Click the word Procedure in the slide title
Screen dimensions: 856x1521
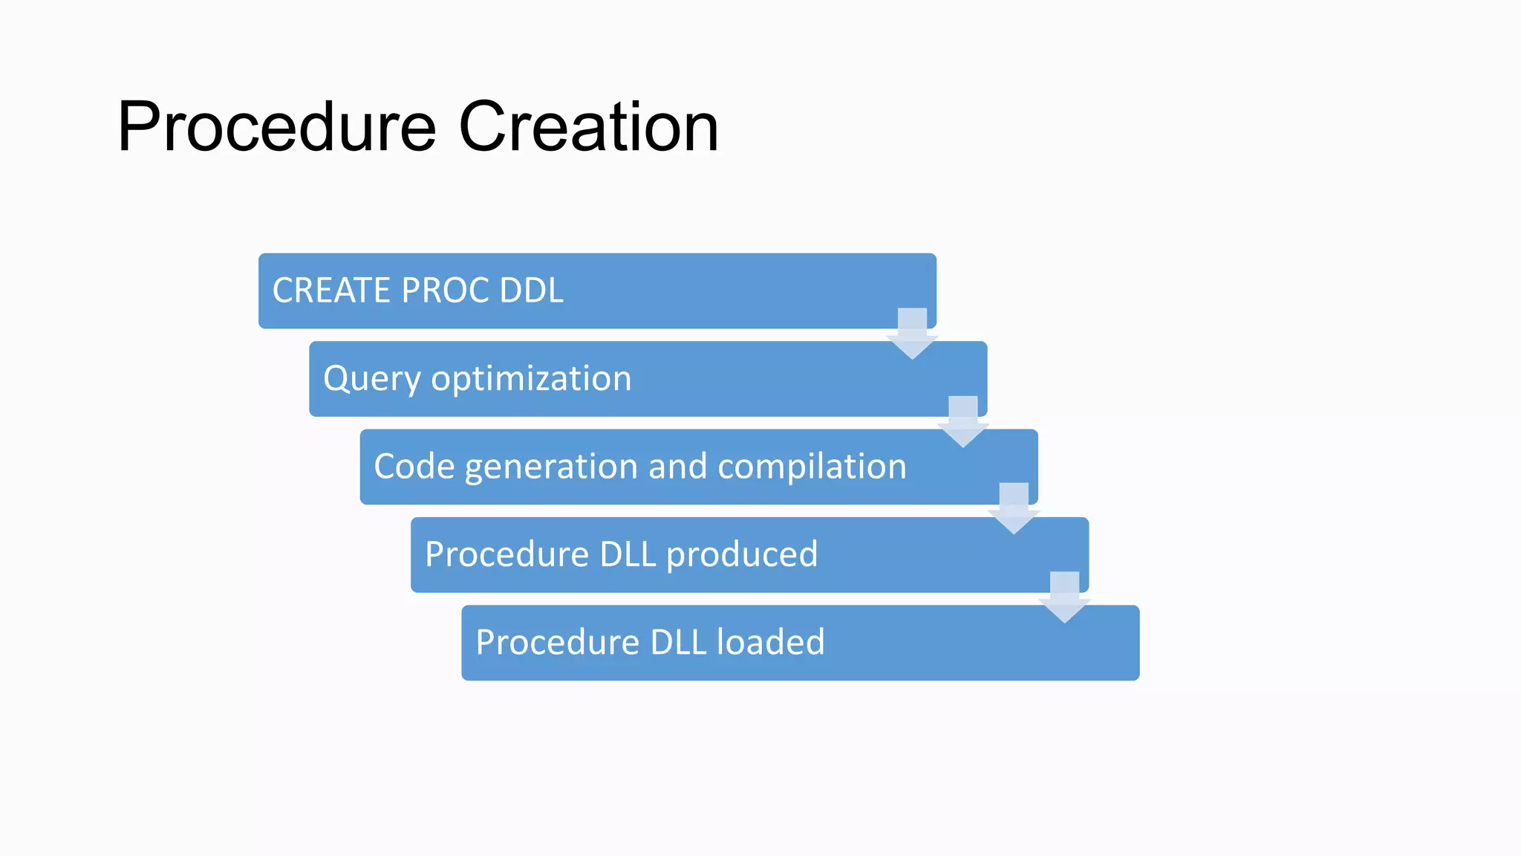276,128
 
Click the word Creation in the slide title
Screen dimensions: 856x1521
588,128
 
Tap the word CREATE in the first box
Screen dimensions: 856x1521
331,291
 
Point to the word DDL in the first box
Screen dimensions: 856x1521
531,291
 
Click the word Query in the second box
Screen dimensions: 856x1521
371,379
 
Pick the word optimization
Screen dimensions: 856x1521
531,379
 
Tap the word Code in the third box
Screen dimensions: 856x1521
414,467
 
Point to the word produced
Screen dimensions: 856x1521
742,555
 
